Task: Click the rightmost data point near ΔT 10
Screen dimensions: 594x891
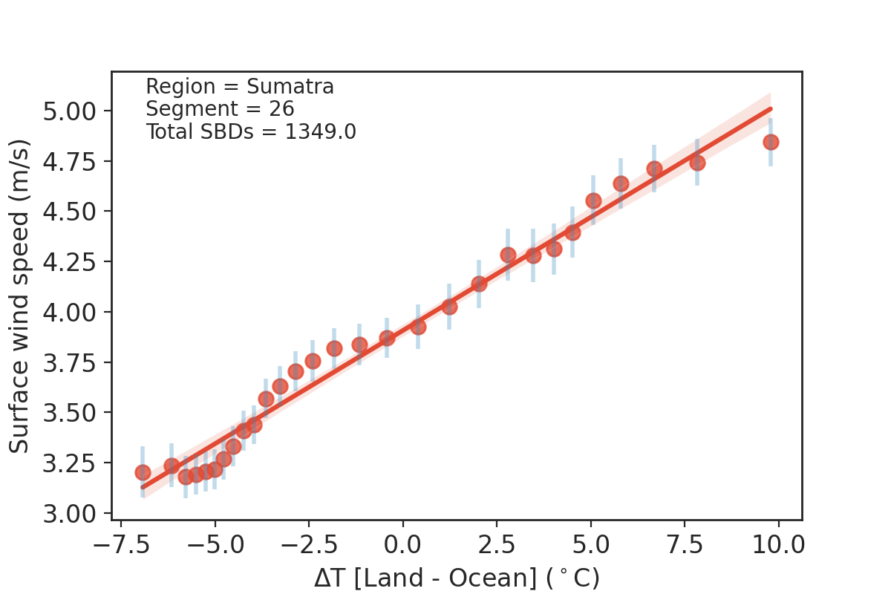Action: [771, 142]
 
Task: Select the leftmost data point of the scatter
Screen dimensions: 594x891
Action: [143, 472]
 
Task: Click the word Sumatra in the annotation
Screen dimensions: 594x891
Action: [290, 87]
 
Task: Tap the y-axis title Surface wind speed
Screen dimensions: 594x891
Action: [20, 296]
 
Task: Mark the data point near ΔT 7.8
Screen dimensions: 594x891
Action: [696, 163]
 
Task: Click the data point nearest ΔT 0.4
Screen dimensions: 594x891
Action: [418, 327]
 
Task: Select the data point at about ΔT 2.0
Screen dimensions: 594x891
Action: [479, 284]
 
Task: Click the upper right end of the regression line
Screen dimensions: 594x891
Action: [771, 108]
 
